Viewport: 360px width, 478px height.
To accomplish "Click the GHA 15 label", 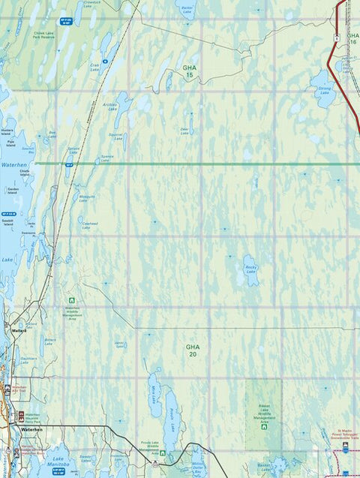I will (x=189, y=71).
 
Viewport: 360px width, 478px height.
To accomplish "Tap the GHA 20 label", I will (x=193, y=350).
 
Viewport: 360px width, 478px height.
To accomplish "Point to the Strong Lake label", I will (x=324, y=90).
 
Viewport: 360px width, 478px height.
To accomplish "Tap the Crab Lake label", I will (x=94, y=66).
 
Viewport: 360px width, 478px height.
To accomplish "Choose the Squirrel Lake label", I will (x=115, y=137).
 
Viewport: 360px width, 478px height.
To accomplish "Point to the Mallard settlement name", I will (x=19, y=330).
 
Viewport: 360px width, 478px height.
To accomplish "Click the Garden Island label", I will (x=13, y=190).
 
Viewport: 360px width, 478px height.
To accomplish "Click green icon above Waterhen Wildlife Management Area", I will (x=72, y=301).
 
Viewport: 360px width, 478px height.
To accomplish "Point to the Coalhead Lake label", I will (x=90, y=224).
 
